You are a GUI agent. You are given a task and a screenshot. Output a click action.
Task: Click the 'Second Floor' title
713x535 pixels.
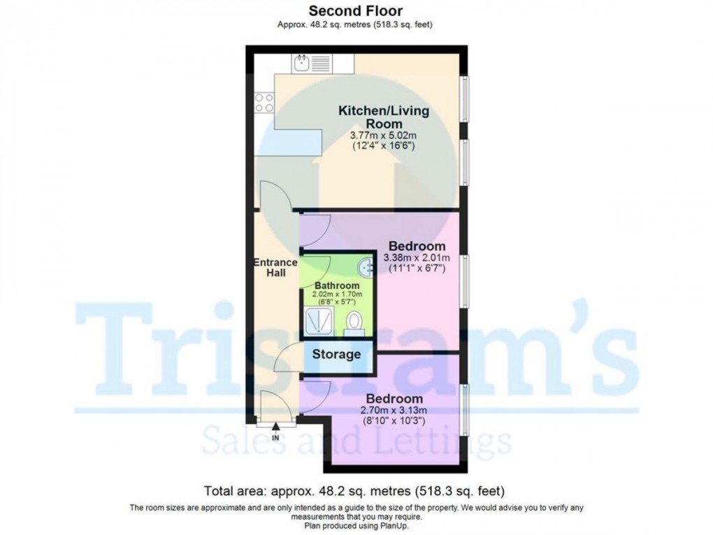[x=356, y=11]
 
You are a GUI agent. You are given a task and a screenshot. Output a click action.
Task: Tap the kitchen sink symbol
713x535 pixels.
[x=302, y=64]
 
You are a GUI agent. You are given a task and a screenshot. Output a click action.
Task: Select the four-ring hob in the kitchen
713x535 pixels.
[x=264, y=103]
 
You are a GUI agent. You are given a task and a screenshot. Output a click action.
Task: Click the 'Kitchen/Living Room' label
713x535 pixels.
[x=384, y=117]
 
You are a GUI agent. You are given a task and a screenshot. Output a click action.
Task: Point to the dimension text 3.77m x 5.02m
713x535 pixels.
[x=384, y=136]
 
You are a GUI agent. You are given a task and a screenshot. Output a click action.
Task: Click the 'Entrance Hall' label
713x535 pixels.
[x=275, y=267]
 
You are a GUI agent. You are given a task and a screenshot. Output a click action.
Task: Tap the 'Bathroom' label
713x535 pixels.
[x=337, y=285]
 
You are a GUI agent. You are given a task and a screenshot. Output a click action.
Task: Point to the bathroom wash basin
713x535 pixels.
[x=367, y=268]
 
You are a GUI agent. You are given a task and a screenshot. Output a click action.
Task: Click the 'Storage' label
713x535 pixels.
[x=336, y=354]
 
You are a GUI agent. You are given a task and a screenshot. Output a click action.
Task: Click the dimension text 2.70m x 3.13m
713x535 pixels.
[x=394, y=411]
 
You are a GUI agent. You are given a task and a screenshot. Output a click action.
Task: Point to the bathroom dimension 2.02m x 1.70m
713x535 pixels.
[x=337, y=296]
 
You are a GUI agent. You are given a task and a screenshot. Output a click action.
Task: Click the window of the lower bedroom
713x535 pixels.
[x=464, y=409]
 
